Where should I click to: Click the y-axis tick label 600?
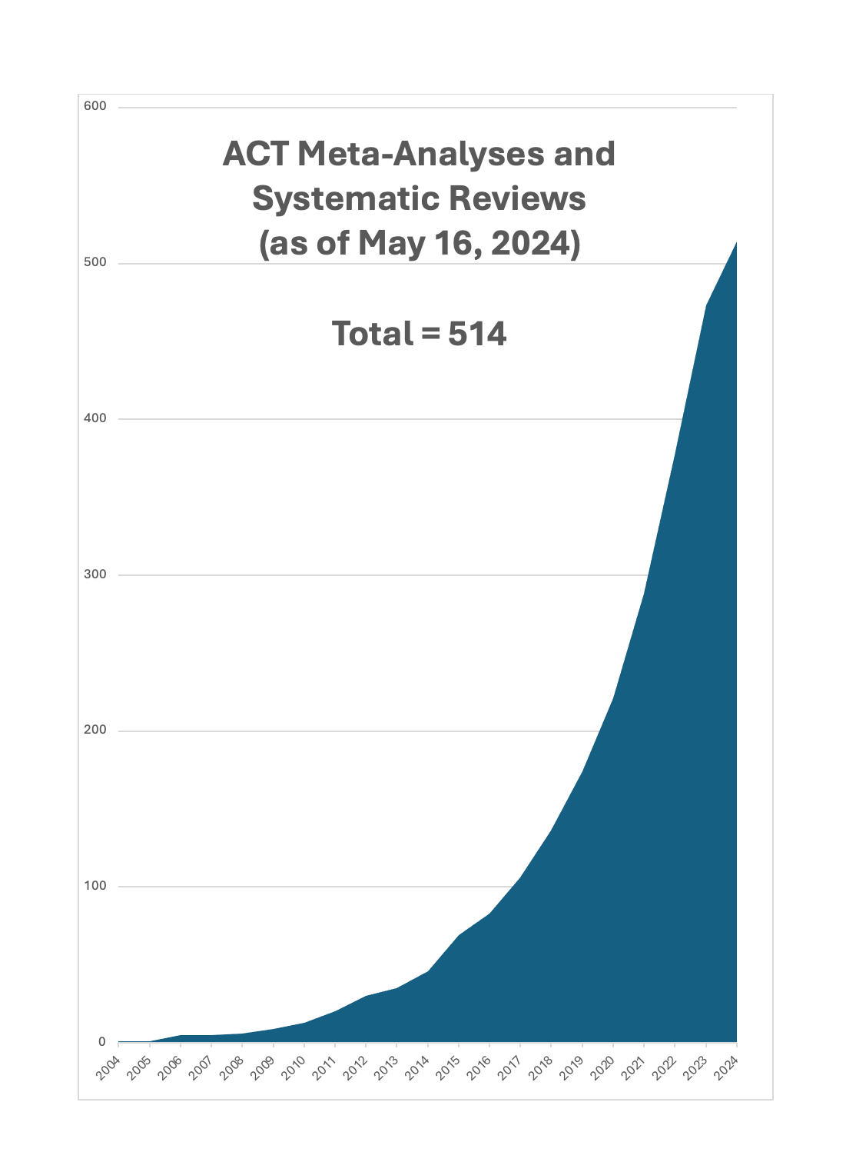95,106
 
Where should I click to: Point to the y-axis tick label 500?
95,262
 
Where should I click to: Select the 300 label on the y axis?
95,574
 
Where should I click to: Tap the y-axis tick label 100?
95,885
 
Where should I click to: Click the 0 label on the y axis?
101,1041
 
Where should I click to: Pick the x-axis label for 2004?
108,1069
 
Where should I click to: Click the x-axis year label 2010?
294,1069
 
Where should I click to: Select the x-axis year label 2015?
448,1069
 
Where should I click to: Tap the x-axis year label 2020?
602,1069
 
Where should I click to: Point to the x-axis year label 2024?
726,1069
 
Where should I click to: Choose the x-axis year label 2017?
510,1069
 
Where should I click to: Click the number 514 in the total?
477,334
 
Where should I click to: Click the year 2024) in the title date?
535,243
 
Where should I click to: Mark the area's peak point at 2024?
736,242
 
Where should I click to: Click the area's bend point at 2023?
706,305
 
